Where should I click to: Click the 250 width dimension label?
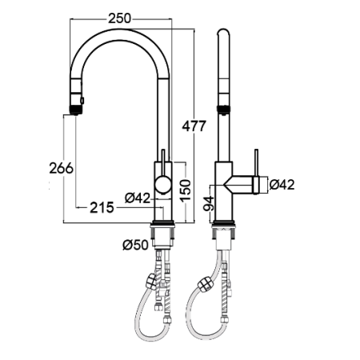point(120,18)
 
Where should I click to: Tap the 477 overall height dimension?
point(194,126)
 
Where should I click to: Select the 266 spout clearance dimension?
point(61,168)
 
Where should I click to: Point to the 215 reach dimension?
point(102,207)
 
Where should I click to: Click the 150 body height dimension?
point(186,190)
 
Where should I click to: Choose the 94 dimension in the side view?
point(209,204)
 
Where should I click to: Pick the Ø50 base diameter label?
point(135,245)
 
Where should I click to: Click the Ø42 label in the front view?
point(138,198)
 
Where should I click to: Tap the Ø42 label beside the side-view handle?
point(282,185)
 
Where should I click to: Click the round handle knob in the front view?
point(163,185)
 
